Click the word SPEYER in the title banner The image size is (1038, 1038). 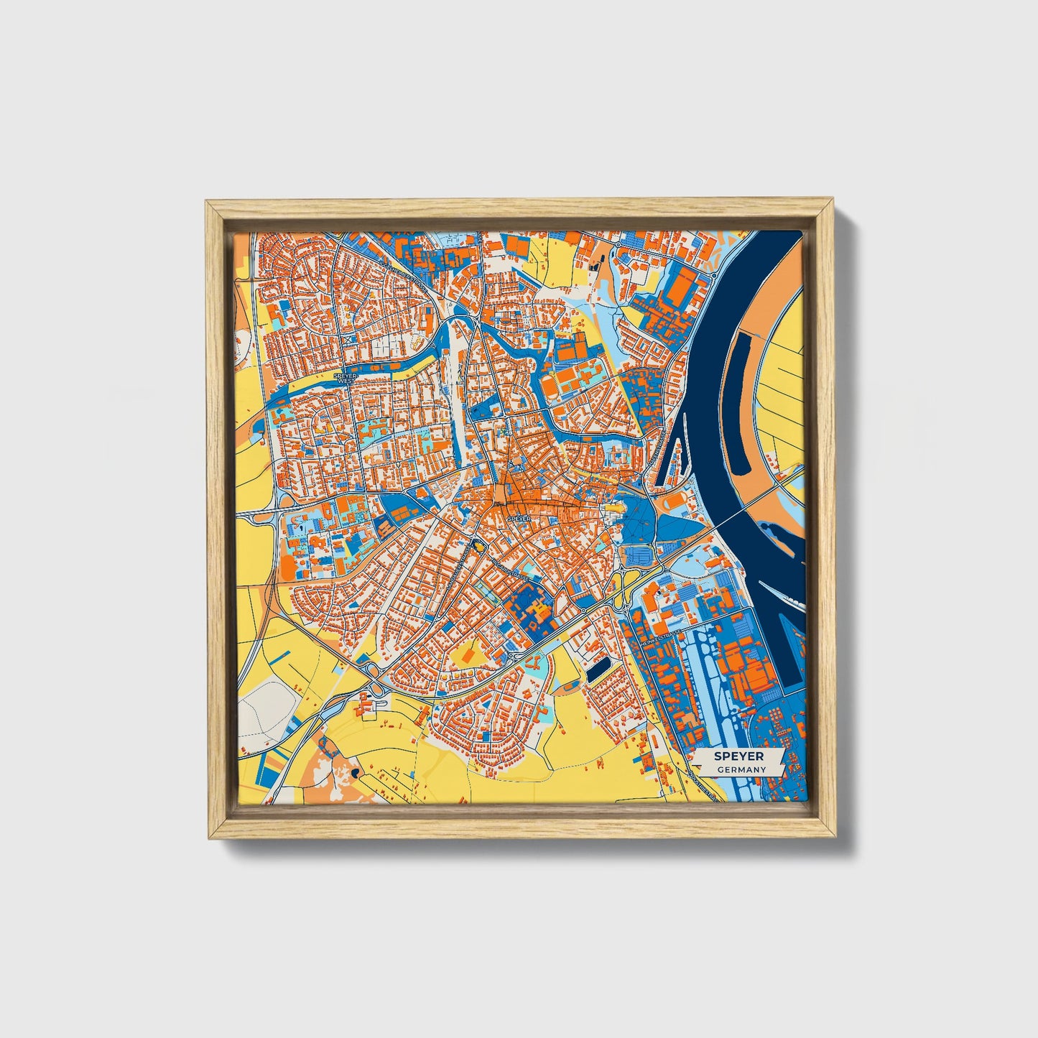(738, 756)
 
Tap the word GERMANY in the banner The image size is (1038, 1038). (741, 769)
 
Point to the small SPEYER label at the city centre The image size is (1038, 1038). (518, 517)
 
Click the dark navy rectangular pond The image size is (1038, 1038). (598, 670)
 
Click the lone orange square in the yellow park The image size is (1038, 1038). (468, 655)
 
